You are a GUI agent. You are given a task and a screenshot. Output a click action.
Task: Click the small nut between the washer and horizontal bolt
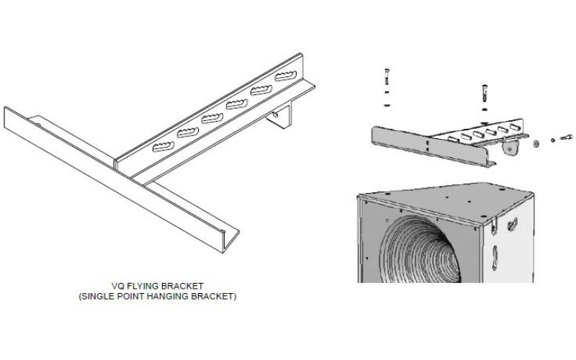click(x=553, y=139)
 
